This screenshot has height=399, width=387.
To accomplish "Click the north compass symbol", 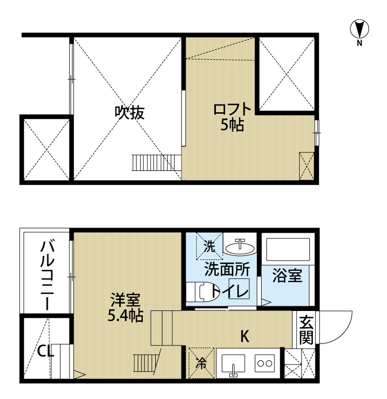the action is (x=359, y=29).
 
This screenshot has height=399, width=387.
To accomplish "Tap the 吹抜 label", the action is (x=130, y=112).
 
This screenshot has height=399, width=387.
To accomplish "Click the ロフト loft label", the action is (x=232, y=110).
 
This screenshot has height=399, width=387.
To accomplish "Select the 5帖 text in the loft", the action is (x=232, y=125).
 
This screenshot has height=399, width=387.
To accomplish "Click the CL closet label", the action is (x=46, y=352).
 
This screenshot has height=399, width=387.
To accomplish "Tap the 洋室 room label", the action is (x=125, y=300).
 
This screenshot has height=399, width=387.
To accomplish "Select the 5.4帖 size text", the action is (x=125, y=316).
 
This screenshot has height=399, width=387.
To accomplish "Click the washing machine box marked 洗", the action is (x=210, y=246).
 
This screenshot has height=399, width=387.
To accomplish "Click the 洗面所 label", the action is (x=227, y=269).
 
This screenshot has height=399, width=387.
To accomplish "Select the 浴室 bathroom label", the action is (x=287, y=275).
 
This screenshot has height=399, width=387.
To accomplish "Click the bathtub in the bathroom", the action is (x=287, y=250).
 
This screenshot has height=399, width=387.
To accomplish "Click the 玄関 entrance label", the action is (x=306, y=330).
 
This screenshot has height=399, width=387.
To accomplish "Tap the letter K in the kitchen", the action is (x=245, y=336).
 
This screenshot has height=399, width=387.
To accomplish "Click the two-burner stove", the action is (x=265, y=363).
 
